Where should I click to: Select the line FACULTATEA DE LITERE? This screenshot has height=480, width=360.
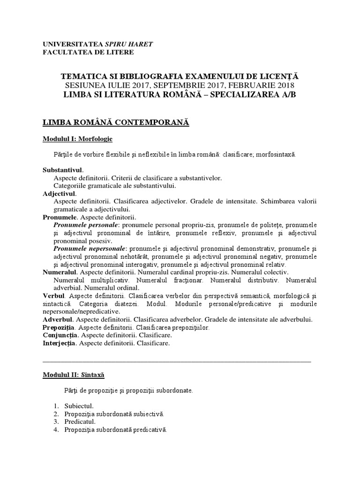click(88, 52)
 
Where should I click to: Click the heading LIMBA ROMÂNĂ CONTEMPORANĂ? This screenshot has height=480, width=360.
click(115, 122)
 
